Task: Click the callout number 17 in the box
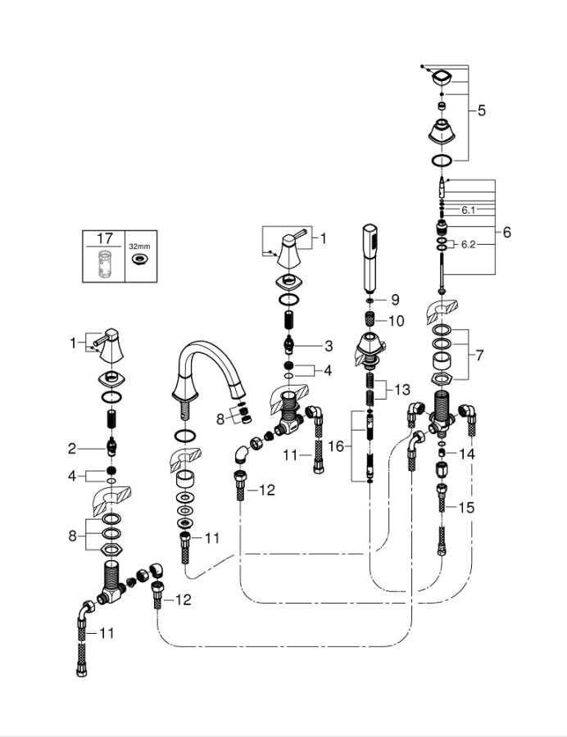point(104,238)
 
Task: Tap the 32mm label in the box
point(139,246)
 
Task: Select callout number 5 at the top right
point(482,111)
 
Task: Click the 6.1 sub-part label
point(468,210)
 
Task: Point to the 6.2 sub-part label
point(469,244)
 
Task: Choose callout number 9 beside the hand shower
point(395,300)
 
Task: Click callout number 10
point(397,321)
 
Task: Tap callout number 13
point(402,390)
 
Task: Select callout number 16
point(336,446)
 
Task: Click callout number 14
point(467,454)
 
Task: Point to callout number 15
point(466,508)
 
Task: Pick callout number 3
point(329,346)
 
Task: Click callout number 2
point(71,449)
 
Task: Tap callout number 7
point(479,355)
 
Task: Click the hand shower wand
point(370,259)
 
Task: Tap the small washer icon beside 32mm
point(139,260)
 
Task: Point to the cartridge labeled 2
point(111,447)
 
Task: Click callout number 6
point(506,233)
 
